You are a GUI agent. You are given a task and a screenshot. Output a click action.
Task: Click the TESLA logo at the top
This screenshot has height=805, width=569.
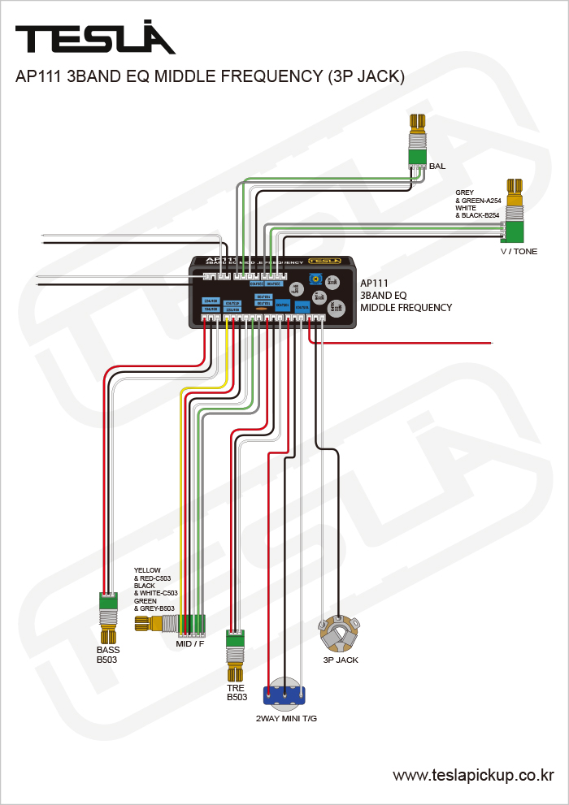(x=95, y=38)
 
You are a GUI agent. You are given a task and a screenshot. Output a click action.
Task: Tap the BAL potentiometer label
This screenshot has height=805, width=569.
(x=437, y=167)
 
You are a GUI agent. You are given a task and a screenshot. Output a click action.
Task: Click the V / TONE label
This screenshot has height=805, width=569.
(x=519, y=252)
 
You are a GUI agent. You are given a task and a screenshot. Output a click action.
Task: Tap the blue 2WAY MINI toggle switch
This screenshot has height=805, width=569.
(x=284, y=695)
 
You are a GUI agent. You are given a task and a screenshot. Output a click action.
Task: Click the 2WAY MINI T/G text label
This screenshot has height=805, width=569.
(x=286, y=719)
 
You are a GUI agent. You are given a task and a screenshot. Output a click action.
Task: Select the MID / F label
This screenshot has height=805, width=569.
(x=190, y=644)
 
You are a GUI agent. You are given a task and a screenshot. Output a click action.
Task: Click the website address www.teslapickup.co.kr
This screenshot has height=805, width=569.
(x=473, y=776)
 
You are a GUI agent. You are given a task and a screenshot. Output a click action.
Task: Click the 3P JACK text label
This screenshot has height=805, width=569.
(x=341, y=660)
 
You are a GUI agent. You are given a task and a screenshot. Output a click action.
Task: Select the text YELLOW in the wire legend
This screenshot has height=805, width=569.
(x=148, y=570)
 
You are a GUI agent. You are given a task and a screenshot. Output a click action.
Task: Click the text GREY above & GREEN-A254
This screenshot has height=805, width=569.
(x=464, y=193)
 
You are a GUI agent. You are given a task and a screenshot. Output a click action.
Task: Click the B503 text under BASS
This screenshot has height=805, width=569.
(x=107, y=660)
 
